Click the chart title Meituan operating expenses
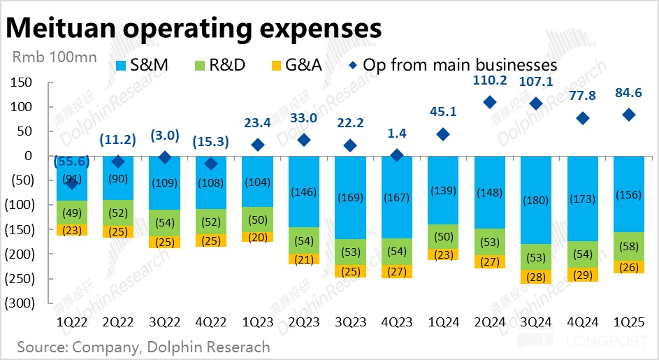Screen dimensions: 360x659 pos(194,28)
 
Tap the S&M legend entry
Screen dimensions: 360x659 pos(144,66)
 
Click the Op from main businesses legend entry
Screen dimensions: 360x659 pos(454,66)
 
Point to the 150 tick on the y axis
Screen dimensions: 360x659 pos(22,83)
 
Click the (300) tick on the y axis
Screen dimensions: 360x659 pos(19,304)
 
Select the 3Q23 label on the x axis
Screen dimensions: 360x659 pos(350,322)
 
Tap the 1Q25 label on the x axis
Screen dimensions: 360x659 pos(629,322)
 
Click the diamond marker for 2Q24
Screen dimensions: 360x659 pos(490,102)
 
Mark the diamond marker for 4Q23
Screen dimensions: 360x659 pos(397,155)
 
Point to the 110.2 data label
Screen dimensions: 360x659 pos(489,81)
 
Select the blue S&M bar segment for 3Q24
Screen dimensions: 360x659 pos(536,200)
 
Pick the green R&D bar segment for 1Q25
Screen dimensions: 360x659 pos(629,247)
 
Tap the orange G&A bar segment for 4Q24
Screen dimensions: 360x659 pos(583,274)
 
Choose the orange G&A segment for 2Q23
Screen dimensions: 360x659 pos(304,259)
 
